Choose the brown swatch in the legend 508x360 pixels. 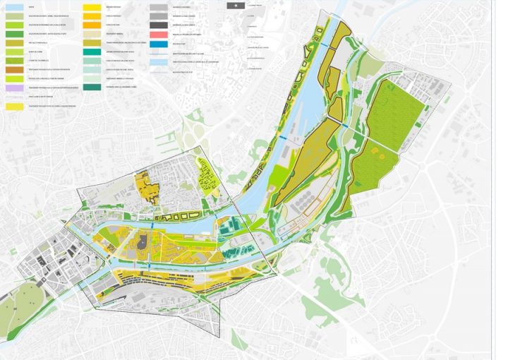(15, 70)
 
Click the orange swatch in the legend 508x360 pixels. (92, 25)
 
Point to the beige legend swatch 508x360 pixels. (92, 34)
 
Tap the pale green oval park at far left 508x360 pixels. (18, 307)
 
